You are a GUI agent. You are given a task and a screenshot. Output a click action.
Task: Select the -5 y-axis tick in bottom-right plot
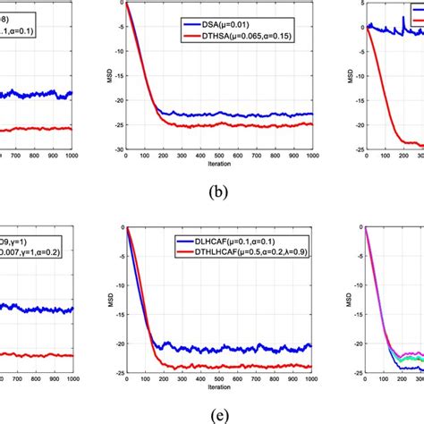tap(356, 256)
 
